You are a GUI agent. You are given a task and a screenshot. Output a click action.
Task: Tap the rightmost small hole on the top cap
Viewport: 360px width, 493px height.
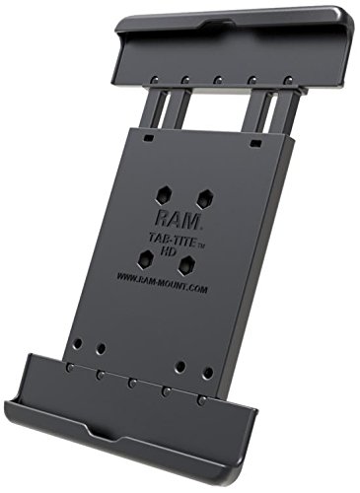click(286, 79)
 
